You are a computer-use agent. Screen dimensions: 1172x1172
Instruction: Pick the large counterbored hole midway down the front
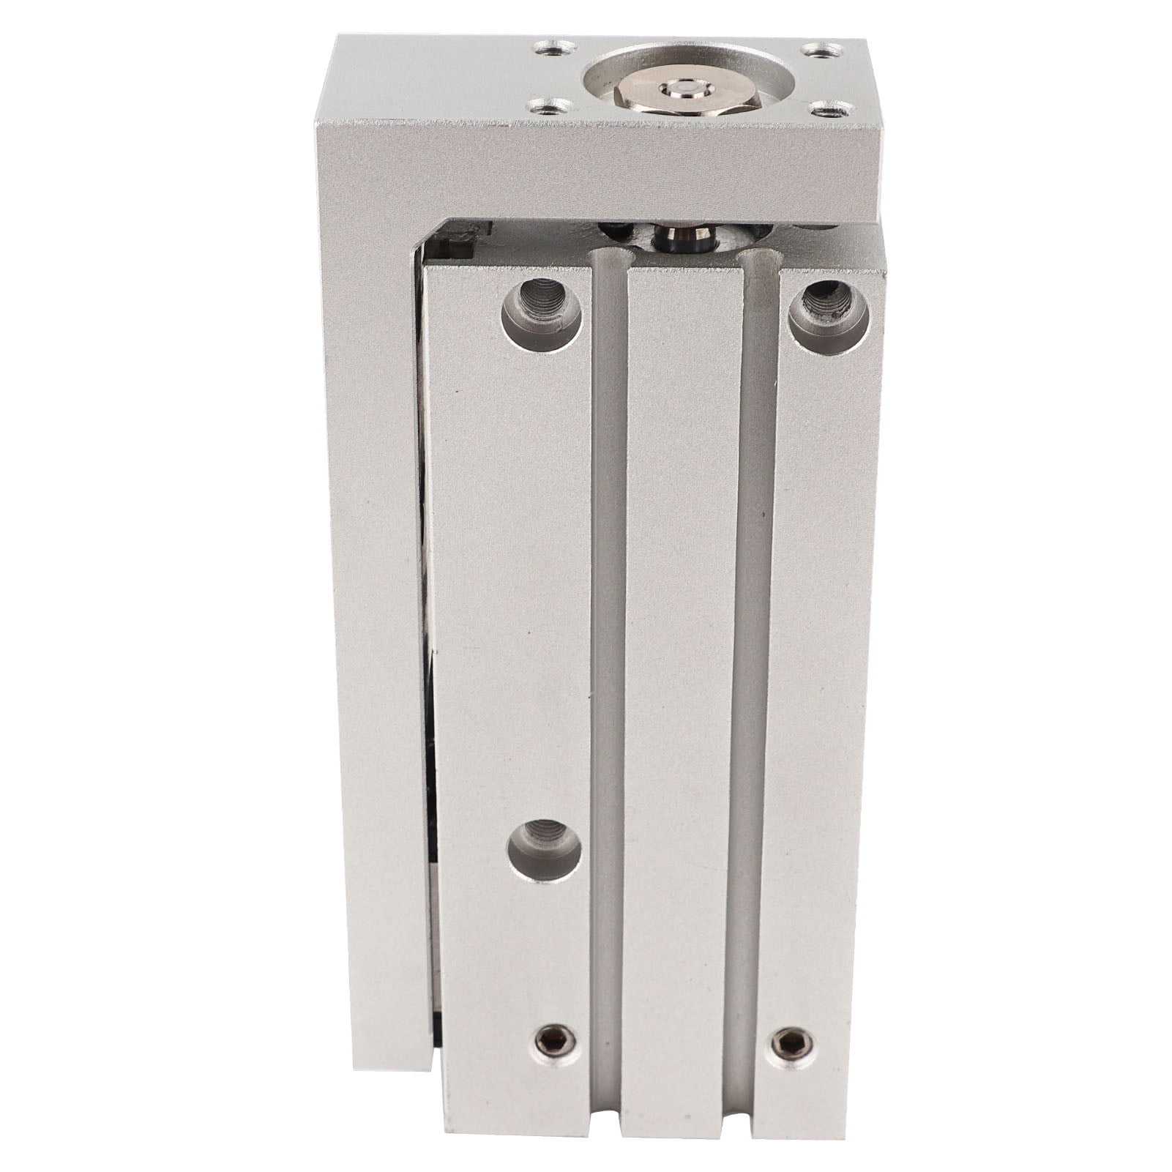pos(545,851)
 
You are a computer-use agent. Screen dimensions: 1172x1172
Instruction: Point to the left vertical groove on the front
pos(609,659)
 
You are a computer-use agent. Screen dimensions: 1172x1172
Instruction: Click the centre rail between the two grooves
pos(676,659)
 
